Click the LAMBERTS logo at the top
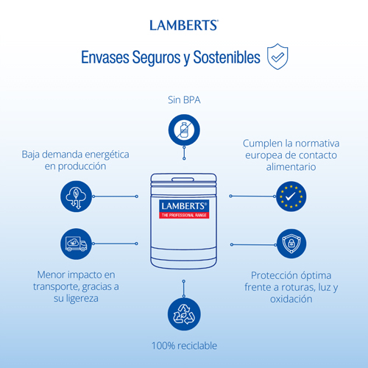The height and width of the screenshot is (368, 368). (x=184, y=25)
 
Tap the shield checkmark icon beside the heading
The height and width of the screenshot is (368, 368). (x=277, y=57)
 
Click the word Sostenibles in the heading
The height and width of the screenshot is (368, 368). (x=227, y=57)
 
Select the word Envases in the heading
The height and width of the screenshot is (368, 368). (x=105, y=57)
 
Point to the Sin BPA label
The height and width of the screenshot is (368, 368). (x=184, y=100)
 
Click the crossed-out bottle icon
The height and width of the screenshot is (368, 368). (x=184, y=130)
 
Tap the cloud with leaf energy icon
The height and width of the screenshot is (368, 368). (x=76, y=197)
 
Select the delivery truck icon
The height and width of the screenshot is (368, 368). (x=76, y=244)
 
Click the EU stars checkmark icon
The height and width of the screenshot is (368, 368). (x=291, y=197)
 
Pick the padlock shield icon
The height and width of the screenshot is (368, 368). (x=291, y=244)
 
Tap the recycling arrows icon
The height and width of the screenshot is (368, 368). (x=184, y=314)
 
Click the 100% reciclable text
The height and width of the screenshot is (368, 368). (x=184, y=346)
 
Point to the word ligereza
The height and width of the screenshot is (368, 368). (x=82, y=299)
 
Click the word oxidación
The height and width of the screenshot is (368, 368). (x=291, y=299)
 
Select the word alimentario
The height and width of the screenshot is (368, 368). (x=291, y=167)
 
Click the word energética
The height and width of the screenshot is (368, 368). (x=107, y=155)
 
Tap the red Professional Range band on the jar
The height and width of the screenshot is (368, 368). (x=184, y=215)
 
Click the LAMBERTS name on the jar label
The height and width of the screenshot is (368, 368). (x=184, y=206)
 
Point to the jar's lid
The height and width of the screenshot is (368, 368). (x=183, y=180)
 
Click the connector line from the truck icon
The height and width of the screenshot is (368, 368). (x=115, y=244)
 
